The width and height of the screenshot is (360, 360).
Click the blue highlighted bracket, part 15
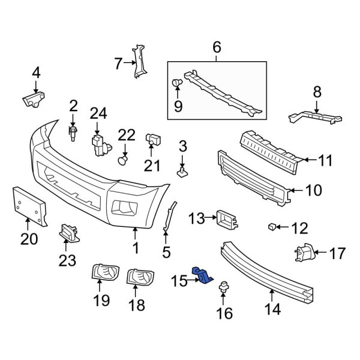click(x=203, y=275)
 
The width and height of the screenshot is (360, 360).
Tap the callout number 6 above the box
click(x=217, y=47)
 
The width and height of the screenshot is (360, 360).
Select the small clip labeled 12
click(x=272, y=227)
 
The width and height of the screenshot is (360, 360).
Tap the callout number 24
click(x=98, y=112)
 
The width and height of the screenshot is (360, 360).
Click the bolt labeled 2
click(x=73, y=131)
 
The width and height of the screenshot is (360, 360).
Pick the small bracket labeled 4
click(x=35, y=98)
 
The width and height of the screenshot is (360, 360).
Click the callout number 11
click(x=325, y=160)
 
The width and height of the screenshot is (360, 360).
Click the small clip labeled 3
click(x=182, y=172)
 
